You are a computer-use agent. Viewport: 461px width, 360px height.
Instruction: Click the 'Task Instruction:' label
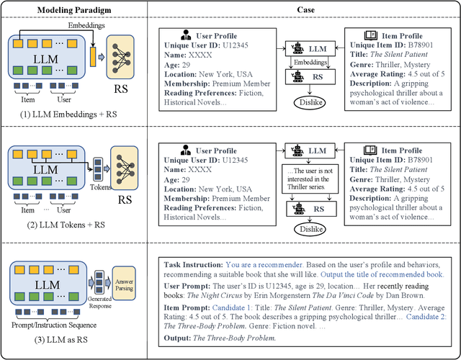(193, 264)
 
